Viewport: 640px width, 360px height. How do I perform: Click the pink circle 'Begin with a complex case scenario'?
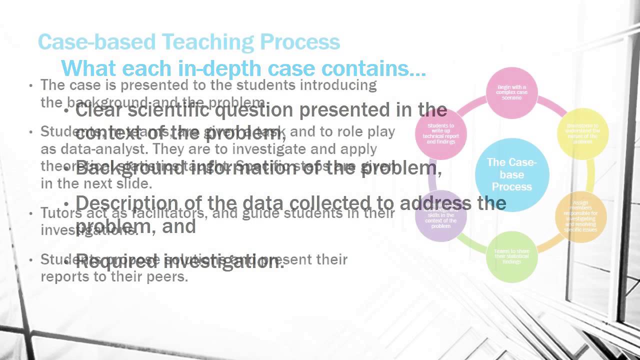511,92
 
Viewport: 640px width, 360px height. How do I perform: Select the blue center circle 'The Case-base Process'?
511,174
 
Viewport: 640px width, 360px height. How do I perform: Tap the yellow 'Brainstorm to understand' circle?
582,133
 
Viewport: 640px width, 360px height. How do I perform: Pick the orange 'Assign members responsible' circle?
580,216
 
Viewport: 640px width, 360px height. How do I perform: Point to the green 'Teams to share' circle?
511,257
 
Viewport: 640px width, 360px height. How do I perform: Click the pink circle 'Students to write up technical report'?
441,134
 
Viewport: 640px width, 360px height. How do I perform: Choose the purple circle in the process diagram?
441,216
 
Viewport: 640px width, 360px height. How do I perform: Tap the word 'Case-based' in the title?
88,42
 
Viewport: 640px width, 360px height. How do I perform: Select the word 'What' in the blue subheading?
88,67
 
